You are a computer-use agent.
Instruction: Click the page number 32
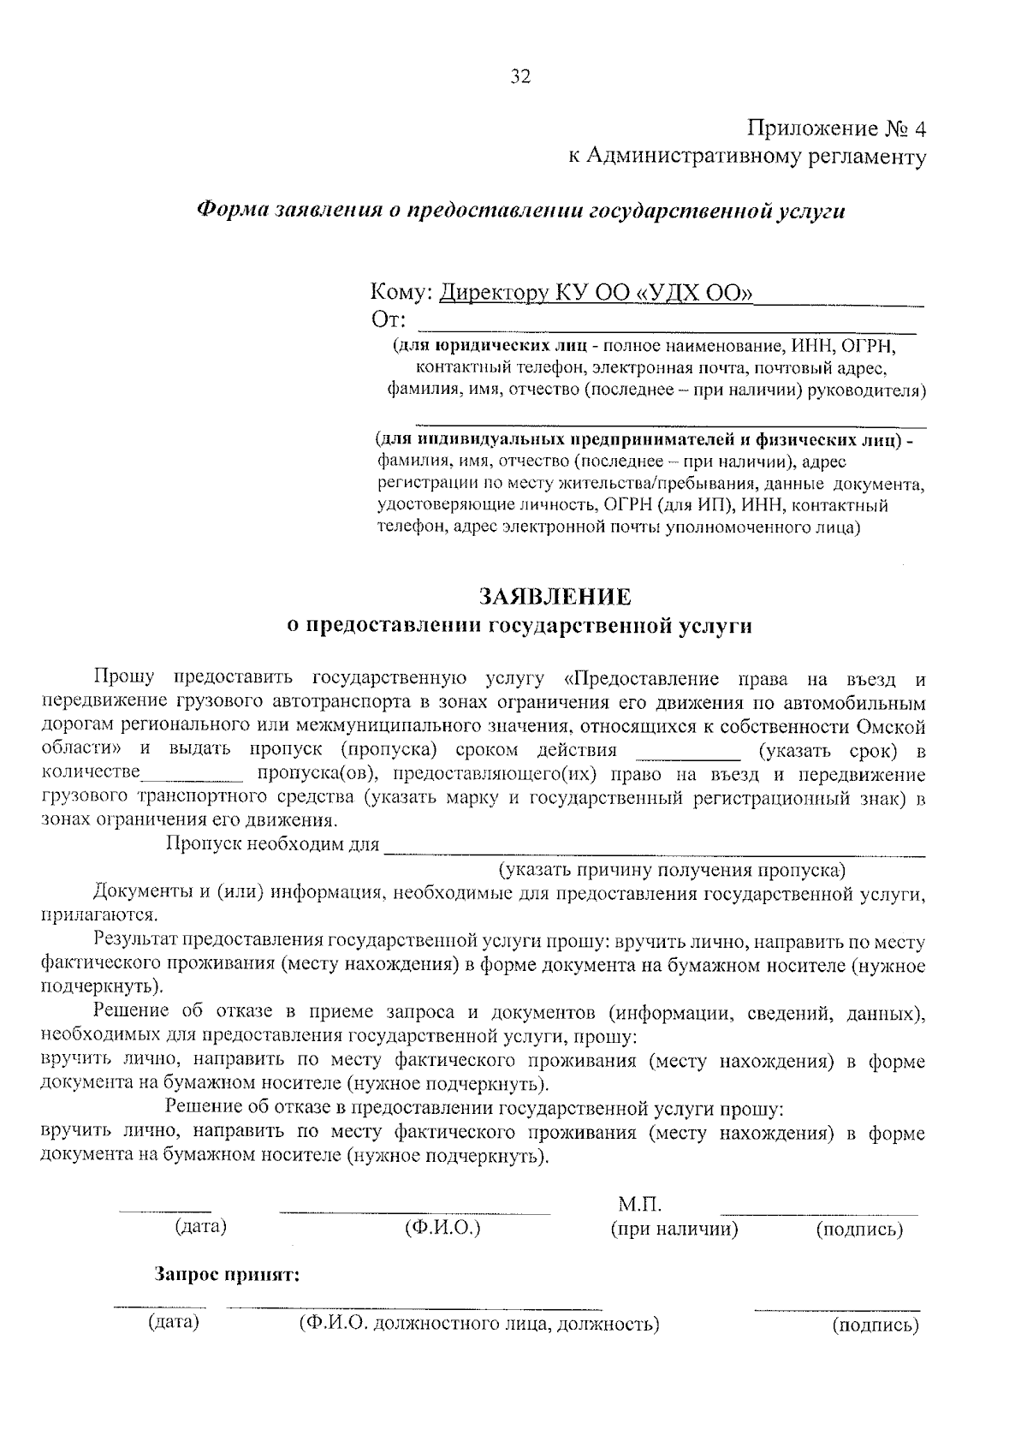pyautogui.click(x=520, y=77)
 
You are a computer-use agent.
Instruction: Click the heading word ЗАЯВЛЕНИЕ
pyautogui.click(x=555, y=596)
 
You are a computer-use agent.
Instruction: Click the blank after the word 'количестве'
pyautogui.click(x=193, y=776)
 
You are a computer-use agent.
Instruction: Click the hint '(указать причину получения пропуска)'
pyautogui.click(x=672, y=871)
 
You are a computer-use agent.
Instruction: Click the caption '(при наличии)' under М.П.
pyautogui.click(x=674, y=1230)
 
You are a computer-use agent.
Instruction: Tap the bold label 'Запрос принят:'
pyautogui.click(x=227, y=1275)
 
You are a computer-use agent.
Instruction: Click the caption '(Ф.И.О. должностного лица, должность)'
pyautogui.click(x=478, y=1325)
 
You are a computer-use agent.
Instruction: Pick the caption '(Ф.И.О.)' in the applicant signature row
pyautogui.click(x=442, y=1227)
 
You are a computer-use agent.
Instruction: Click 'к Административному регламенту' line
pyautogui.click(x=747, y=157)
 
